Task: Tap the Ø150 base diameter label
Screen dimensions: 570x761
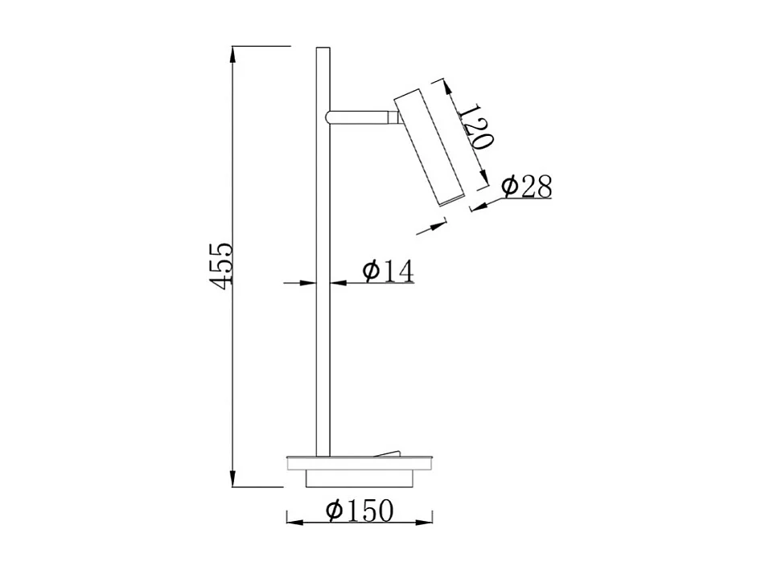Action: pyautogui.click(x=360, y=511)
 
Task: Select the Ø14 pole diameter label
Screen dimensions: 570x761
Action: pyautogui.click(x=388, y=272)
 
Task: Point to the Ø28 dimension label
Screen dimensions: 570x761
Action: pyautogui.click(x=527, y=187)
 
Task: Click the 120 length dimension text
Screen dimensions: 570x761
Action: pyautogui.click(x=475, y=127)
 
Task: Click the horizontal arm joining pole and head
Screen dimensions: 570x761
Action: pyautogui.click(x=360, y=117)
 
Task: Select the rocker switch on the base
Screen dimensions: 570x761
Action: pyautogui.click(x=390, y=453)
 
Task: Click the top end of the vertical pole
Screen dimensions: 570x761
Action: pyautogui.click(x=323, y=51)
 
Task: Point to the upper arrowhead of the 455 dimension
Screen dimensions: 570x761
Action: pyautogui.click(x=233, y=53)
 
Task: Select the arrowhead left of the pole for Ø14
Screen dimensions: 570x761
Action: pyautogui.click(x=309, y=282)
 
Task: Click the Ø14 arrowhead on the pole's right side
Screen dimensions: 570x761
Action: pyautogui.click(x=336, y=282)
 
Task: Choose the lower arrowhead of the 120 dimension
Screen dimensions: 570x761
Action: pyautogui.click(x=485, y=183)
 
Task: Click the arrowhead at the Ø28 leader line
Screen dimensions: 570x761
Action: pyautogui.click(x=478, y=207)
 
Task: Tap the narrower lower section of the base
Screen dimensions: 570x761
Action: pyautogui.click(x=360, y=479)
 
